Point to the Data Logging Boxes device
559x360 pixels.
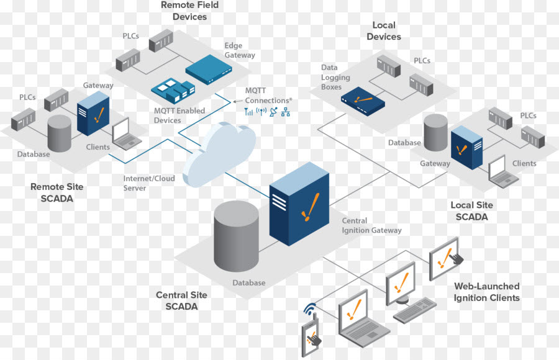click(363, 99)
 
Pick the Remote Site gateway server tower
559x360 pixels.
click(93, 114)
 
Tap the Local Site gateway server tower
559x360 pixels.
click(467, 148)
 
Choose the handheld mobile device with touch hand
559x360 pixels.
click(312, 335)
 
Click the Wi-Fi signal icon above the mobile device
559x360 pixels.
click(310, 308)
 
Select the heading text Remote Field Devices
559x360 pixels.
click(189, 11)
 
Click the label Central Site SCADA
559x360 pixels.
click(181, 300)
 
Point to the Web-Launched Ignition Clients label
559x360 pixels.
click(487, 292)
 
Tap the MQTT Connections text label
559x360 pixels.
click(267, 96)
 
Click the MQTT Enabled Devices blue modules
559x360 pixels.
click(171, 91)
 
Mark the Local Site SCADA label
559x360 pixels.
click(472, 211)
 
